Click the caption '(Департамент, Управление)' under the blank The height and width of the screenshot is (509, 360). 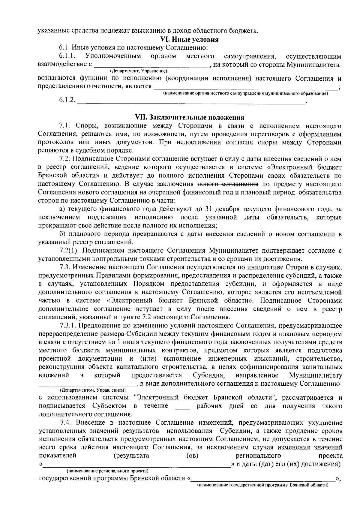139,71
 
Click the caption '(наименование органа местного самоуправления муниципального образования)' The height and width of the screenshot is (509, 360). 245,94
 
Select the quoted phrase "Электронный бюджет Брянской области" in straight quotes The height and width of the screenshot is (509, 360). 205,398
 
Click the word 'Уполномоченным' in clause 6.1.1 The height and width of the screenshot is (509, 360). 113,56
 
